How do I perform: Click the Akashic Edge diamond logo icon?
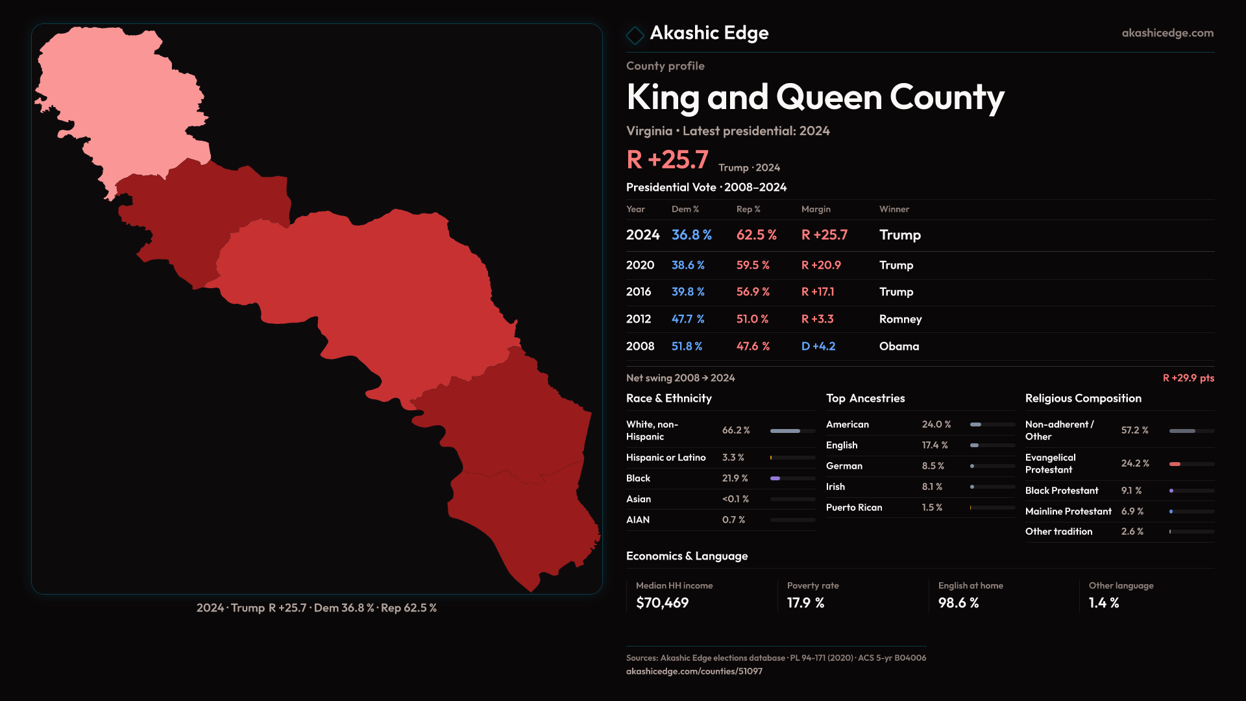(635, 34)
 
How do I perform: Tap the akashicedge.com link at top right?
(1167, 33)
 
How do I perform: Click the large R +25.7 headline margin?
(667, 160)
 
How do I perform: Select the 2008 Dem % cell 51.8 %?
(687, 347)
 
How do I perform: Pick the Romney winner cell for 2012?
(900, 319)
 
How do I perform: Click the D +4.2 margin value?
(818, 347)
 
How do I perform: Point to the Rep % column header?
(748, 209)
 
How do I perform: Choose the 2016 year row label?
(639, 292)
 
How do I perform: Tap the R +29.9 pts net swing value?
(1188, 378)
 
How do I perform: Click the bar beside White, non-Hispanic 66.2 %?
(785, 431)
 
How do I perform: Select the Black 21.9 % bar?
(776, 478)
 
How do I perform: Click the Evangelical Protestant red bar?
(1175, 464)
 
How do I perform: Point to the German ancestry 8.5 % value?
(933, 466)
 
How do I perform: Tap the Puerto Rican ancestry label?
(854, 508)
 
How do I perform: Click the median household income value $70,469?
(663, 603)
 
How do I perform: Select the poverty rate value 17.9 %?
(805, 603)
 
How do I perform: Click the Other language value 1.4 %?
(1104, 603)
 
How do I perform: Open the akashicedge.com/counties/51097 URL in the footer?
(694, 672)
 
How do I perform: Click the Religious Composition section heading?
(1083, 399)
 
